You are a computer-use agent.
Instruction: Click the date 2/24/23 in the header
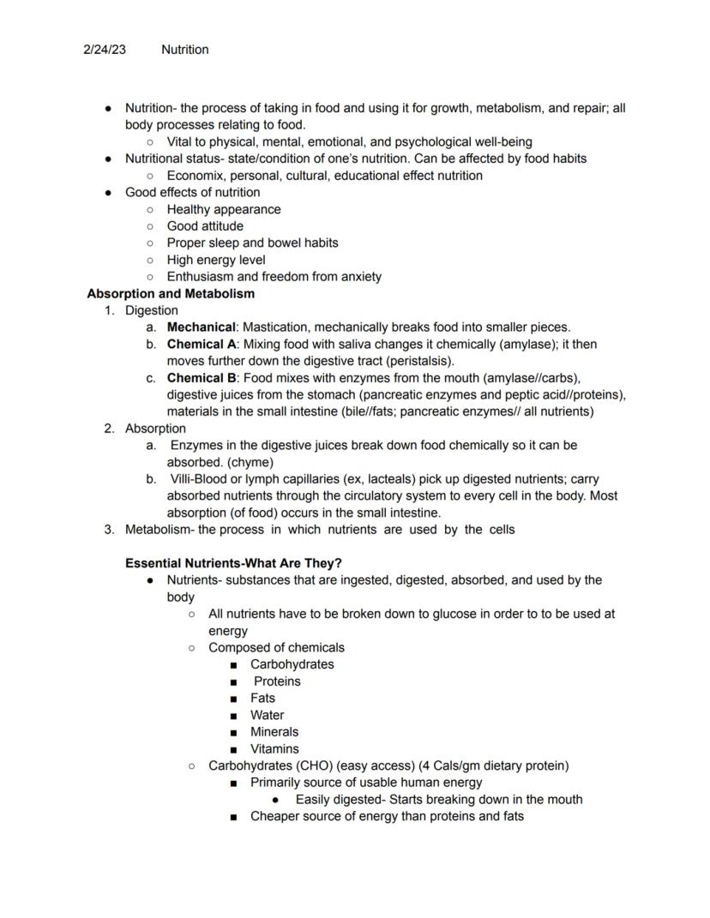[104, 50]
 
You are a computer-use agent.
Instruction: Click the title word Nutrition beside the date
[184, 50]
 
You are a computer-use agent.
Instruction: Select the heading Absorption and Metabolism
[171, 294]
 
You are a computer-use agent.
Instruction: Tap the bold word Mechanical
[201, 327]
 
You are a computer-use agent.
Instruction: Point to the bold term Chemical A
[202, 345]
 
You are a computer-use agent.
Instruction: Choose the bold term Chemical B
[202, 378]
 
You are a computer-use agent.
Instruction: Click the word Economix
[196, 176]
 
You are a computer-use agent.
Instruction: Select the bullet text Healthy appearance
[224, 209]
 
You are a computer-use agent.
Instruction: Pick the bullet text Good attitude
[205, 226]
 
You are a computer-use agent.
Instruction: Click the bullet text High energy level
[216, 260]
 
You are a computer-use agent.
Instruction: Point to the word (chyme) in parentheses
[250, 462]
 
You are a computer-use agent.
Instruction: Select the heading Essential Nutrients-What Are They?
[233, 563]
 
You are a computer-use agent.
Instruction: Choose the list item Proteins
[277, 681]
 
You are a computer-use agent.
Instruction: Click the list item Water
[267, 715]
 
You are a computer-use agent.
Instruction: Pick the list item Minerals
[274, 732]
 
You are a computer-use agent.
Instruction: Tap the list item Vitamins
[274, 749]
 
